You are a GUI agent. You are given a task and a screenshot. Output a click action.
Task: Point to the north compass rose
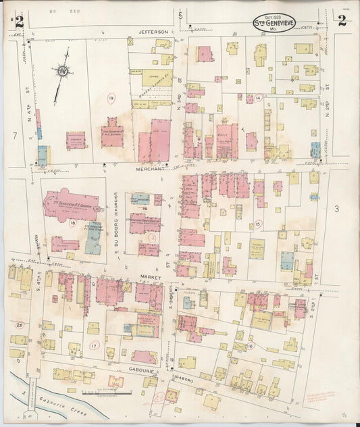click(x=61, y=70)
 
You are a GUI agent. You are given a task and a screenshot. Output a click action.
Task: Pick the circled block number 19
click(x=111, y=100)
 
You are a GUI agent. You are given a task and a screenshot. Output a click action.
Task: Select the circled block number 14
click(x=258, y=98)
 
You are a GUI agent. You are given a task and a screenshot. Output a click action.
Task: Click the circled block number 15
click(x=258, y=224)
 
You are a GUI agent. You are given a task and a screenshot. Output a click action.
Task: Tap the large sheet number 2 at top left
click(x=19, y=21)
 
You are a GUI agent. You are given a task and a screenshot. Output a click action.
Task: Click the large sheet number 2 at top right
click(x=342, y=20)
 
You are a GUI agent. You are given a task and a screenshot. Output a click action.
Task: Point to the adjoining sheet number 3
click(x=336, y=210)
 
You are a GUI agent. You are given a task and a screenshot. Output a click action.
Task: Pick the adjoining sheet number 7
click(x=14, y=136)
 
